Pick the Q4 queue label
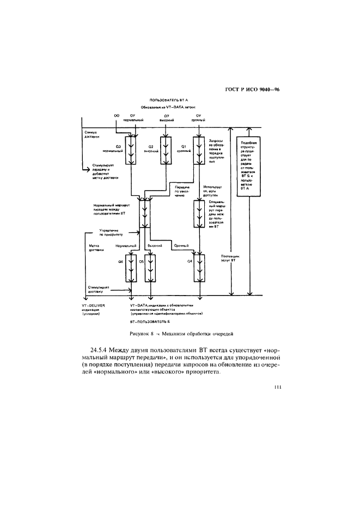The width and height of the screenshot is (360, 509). click(x=190, y=262)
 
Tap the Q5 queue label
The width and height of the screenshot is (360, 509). click(x=141, y=262)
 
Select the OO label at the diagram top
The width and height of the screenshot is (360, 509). click(x=116, y=115)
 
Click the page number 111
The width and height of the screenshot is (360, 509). click(x=278, y=388)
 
